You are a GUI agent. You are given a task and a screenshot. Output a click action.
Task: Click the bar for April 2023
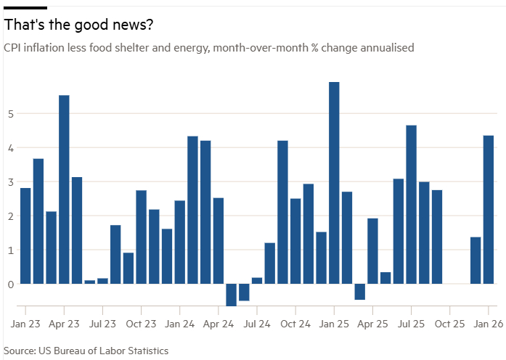click(x=64, y=189)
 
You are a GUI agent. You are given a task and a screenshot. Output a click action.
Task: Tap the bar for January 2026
click(x=489, y=210)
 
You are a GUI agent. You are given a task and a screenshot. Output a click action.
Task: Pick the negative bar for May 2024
click(x=231, y=295)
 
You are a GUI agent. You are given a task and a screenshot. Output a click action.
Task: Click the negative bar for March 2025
click(x=359, y=291)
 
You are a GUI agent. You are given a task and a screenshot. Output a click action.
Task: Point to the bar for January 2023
click(x=25, y=236)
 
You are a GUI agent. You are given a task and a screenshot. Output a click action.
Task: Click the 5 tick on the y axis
click(x=11, y=114)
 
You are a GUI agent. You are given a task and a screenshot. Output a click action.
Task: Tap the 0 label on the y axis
click(x=11, y=284)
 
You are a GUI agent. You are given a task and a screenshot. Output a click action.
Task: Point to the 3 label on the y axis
click(x=11, y=182)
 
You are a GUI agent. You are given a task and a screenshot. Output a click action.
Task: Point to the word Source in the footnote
click(x=20, y=351)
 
